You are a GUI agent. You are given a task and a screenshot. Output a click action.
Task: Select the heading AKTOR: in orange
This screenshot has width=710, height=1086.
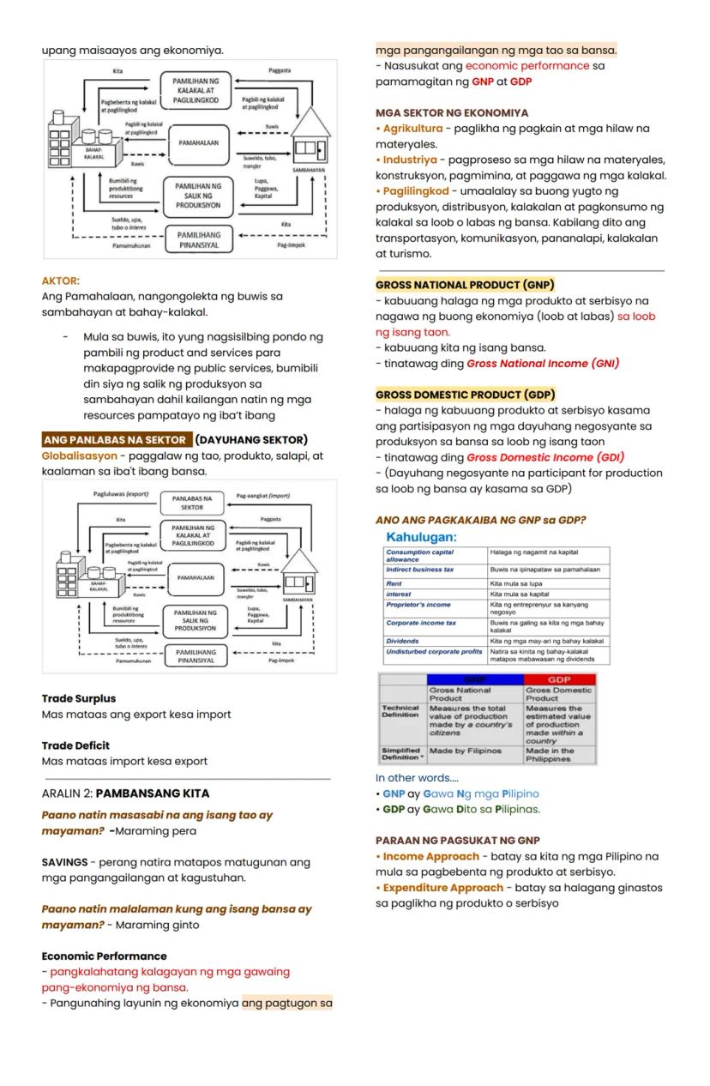pyautogui.click(x=60, y=281)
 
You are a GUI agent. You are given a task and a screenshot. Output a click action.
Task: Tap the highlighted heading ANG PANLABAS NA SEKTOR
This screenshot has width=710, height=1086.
pyautogui.click(x=117, y=440)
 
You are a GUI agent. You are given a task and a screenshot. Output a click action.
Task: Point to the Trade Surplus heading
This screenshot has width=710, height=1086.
pyautogui.click(x=78, y=698)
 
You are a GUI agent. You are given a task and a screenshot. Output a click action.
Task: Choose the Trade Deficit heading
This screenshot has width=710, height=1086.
pyautogui.click(x=75, y=745)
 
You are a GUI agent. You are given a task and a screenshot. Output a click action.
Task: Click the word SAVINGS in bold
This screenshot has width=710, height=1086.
pyautogui.click(x=65, y=862)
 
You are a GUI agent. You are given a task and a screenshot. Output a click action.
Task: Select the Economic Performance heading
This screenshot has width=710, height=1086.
pyautogui.click(x=104, y=956)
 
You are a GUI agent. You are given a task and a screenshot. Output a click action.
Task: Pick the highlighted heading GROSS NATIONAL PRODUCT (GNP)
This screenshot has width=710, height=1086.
pyautogui.click(x=465, y=285)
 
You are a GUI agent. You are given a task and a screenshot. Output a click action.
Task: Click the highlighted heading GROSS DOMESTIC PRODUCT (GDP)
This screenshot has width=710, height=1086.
pyautogui.click(x=465, y=395)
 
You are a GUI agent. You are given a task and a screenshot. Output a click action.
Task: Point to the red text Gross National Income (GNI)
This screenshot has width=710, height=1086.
pyautogui.click(x=543, y=364)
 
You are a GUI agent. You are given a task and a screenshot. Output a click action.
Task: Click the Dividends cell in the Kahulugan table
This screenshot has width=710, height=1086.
pyautogui.click(x=403, y=641)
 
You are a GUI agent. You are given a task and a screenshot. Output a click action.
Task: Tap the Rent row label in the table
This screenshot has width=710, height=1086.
pyautogui.click(x=394, y=583)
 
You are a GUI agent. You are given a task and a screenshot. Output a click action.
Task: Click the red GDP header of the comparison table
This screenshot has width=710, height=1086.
pyautogui.click(x=559, y=679)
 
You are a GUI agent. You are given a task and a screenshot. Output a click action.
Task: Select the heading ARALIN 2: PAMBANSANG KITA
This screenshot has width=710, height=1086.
pyautogui.click(x=125, y=793)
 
